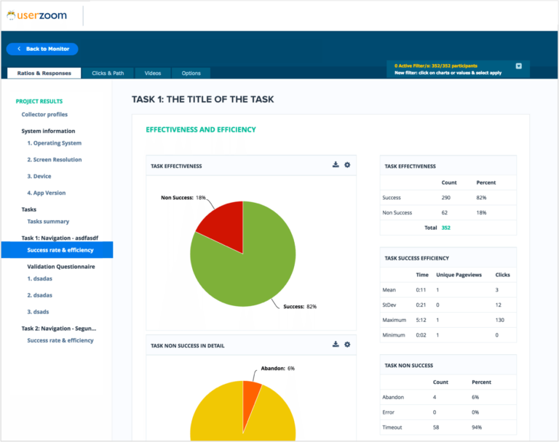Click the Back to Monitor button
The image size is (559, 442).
click(x=42, y=49)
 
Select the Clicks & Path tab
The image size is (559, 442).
click(x=108, y=73)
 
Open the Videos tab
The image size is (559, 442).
click(x=153, y=73)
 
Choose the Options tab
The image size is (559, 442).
click(x=191, y=73)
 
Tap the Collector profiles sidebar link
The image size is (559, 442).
click(x=44, y=115)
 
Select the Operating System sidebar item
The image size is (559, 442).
click(x=55, y=143)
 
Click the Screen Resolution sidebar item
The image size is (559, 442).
click(x=55, y=160)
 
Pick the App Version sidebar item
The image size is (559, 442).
click(x=47, y=193)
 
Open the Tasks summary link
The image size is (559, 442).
click(x=48, y=222)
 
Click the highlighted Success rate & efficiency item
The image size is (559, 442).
click(x=60, y=250)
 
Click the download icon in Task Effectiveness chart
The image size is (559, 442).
click(x=336, y=165)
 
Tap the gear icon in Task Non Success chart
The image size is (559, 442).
click(x=347, y=345)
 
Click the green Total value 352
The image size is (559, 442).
click(x=447, y=228)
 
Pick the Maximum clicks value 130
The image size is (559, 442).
click(x=501, y=320)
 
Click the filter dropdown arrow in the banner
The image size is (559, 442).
click(x=519, y=66)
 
